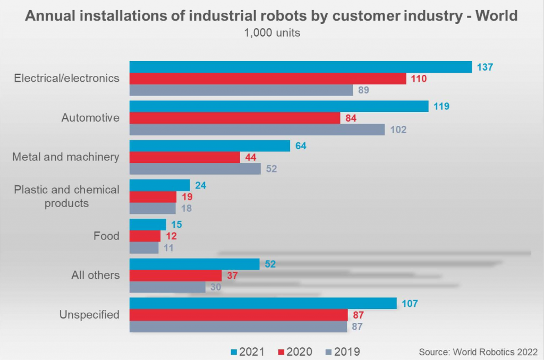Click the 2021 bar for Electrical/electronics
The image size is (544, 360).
tap(301, 67)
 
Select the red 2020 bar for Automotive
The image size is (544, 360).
tap(235, 118)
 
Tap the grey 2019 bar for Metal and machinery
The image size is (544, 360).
tap(195, 169)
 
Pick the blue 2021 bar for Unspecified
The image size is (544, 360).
tap(263, 303)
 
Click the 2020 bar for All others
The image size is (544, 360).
tap(175, 275)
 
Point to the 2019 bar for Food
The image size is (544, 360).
tap(144, 247)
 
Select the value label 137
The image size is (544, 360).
tap(485, 67)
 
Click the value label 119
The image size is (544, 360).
tap(441, 106)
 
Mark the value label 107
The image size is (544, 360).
tap(410, 304)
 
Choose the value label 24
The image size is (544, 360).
tap(200, 185)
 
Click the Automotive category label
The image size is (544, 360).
tap(90, 118)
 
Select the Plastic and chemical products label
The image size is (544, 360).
tap(66, 196)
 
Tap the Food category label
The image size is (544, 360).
tap(106, 236)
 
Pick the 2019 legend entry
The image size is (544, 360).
tap(342, 352)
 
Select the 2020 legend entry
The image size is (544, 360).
tap(295, 352)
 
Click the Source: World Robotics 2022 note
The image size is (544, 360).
tap(478, 352)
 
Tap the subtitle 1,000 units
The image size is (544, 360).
tap(272, 33)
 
